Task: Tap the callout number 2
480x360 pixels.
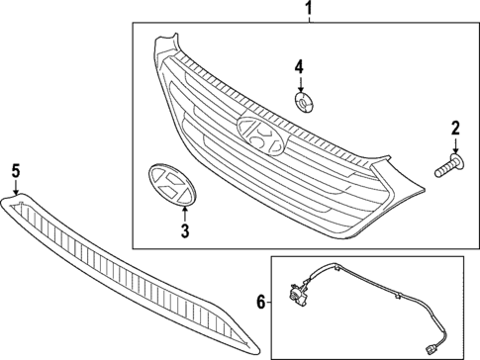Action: [x=455, y=127]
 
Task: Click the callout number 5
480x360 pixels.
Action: [x=16, y=170]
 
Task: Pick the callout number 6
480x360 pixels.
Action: [x=259, y=302]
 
